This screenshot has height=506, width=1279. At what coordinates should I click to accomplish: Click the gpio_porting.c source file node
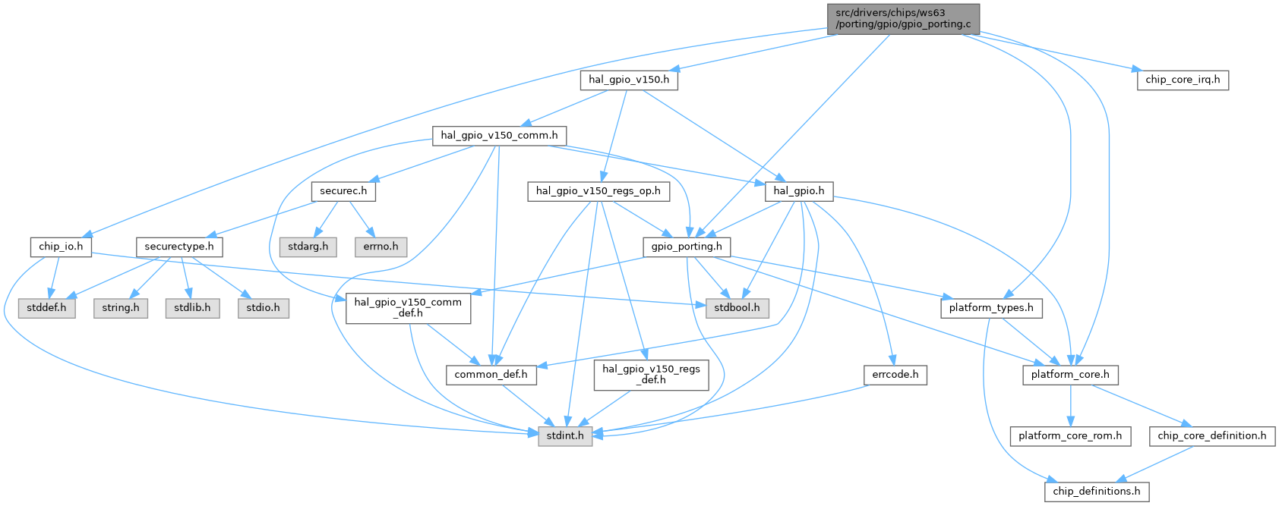pos(902,18)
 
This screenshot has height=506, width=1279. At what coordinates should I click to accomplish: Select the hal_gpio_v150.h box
pos(629,80)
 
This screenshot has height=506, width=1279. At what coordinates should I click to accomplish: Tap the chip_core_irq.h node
pos(1183,80)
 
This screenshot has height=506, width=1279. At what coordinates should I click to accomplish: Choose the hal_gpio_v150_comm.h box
pos(499,136)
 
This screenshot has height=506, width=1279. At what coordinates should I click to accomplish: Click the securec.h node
pos(343,191)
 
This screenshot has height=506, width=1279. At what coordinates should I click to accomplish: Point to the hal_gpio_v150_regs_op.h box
pos(598,191)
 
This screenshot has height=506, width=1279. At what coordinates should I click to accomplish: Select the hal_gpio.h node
pos(798,191)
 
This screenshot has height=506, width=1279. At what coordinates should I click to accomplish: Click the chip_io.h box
pos(61,247)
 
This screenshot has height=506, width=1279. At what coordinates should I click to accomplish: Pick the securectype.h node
pos(179,247)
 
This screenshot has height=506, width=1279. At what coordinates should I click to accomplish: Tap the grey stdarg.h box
pos(308,247)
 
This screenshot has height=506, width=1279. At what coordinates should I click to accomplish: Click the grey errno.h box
pos(381,247)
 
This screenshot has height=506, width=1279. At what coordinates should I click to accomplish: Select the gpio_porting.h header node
pos(687,247)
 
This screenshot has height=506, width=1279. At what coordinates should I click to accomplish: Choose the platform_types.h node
pos(991,308)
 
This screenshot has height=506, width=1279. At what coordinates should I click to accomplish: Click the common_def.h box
pos(491,375)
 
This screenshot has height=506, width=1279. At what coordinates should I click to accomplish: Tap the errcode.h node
pos(895,375)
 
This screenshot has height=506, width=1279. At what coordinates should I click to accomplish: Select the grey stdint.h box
pos(565,436)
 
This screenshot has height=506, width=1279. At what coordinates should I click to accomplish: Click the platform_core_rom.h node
pos(1070,436)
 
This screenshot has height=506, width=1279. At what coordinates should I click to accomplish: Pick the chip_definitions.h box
pos(1096,492)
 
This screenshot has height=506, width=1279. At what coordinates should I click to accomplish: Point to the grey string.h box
pos(121,308)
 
